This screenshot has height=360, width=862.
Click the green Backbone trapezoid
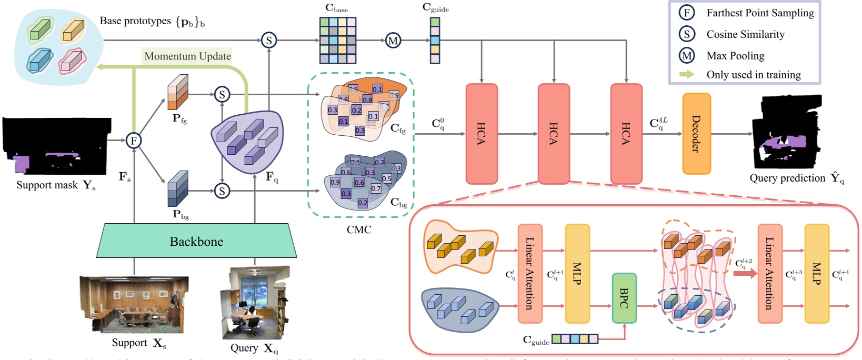click(x=196, y=241)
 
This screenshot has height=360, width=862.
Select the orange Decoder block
click(x=696, y=134)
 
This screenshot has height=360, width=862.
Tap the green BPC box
click(x=624, y=298)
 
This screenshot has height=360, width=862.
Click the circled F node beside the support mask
click(x=134, y=141)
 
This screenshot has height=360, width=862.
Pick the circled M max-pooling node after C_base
click(x=393, y=40)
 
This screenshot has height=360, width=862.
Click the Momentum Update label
click(x=187, y=56)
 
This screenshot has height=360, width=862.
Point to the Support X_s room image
click(x=134, y=304)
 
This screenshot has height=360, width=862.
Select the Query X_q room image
click(x=255, y=303)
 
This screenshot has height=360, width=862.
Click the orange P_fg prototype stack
click(x=178, y=93)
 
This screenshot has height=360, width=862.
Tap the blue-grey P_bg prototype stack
click(x=178, y=189)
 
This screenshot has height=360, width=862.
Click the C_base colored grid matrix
click(x=338, y=41)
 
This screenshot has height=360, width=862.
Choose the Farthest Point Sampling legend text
click(x=759, y=13)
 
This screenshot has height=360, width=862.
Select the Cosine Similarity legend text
click(x=745, y=35)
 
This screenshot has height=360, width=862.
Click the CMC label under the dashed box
click(x=359, y=229)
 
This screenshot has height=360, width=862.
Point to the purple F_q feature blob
click(x=247, y=141)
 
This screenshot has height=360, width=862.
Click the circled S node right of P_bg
click(x=222, y=191)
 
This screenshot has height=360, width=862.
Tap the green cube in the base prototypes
click(x=40, y=29)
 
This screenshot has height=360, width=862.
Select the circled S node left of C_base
click(x=269, y=40)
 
